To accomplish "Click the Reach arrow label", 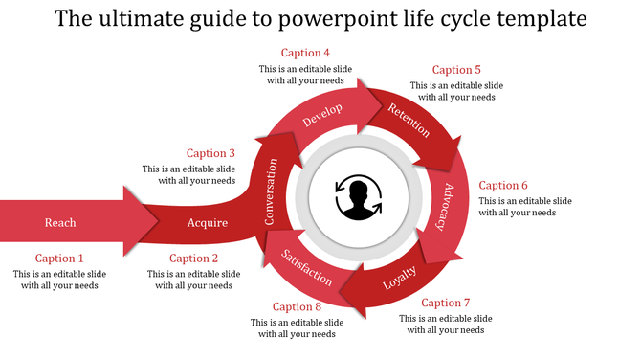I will (60, 223).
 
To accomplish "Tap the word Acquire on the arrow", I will (208, 223).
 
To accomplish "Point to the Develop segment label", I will (322, 116).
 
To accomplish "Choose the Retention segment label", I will (408, 120).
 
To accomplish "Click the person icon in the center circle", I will (358, 197).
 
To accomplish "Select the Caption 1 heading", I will (60, 259).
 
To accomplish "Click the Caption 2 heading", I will (194, 259).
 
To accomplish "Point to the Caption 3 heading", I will (210, 153).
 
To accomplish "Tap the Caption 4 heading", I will (305, 53).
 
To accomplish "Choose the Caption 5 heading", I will (456, 70).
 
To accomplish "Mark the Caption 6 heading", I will (503, 186).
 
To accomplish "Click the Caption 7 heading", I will (446, 304).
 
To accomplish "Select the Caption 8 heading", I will (297, 306).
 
